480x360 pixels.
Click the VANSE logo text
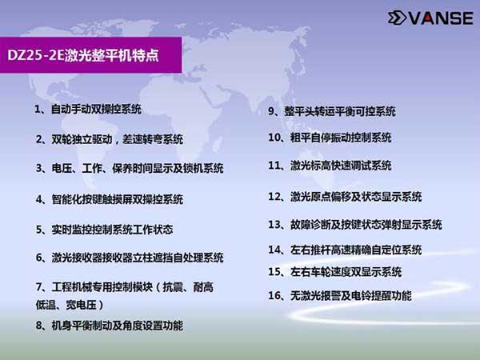pyautogui.click(x=441, y=18)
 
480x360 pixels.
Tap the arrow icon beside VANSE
pyautogui.click(x=397, y=18)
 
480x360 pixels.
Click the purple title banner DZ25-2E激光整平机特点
pyautogui.click(x=90, y=55)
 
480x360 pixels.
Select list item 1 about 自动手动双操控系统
pyautogui.click(x=88, y=109)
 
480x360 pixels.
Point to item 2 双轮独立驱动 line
pyautogui.click(x=110, y=139)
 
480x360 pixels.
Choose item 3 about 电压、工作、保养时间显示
pyautogui.click(x=130, y=168)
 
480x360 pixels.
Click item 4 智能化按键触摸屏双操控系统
pyautogui.click(x=110, y=199)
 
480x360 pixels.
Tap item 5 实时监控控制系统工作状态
pyautogui.click(x=104, y=230)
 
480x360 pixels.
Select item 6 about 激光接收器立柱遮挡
pyautogui.click(x=130, y=258)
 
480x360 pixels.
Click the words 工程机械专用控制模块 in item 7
pyautogui.click(x=102, y=287)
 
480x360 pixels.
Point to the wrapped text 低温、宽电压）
pyautogui.click(x=70, y=305)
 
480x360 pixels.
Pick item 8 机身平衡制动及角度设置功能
pyautogui.click(x=110, y=326)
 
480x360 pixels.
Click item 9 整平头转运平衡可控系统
pyautogui.click(x=332, y=111)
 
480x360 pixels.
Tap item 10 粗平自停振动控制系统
pyautogui.click(x=330, y=138)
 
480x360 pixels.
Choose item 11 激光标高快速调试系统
pyautogui.click(x=330, y=166)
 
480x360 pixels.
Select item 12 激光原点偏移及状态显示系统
pyautogui.click(x=345, y=197)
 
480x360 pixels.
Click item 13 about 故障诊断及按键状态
pyautogui.click(x=355, y=225)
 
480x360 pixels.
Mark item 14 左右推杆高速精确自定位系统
pyautogui.click(x=345, y=250)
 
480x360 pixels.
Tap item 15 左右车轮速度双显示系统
pyautogui.click(x=335, y=272)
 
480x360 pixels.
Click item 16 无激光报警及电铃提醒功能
pyautogui.click(x=340, y=295)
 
